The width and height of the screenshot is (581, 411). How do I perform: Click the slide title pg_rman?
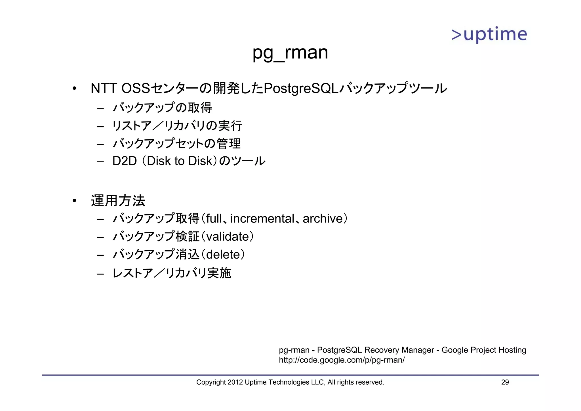(290, 53)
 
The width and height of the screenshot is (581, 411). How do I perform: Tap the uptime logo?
(489, 35)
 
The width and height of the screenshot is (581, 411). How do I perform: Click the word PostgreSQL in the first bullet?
(301, 88)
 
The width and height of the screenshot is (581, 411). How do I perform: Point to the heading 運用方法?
(118, 201)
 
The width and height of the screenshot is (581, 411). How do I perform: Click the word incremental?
(262, 219)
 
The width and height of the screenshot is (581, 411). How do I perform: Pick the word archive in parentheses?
(323, 219)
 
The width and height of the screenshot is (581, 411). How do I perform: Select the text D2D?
(125, 161)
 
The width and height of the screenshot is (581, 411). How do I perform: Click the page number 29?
(505, 382)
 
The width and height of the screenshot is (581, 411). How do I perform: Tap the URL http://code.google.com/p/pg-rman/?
(342, 360)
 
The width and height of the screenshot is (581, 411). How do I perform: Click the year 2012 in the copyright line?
(235, 382)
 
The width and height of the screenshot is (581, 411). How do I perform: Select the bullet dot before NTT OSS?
(74, 89)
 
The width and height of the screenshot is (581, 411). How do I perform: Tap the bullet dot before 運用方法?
(74, 201)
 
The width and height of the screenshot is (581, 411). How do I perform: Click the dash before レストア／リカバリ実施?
(100, 274)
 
